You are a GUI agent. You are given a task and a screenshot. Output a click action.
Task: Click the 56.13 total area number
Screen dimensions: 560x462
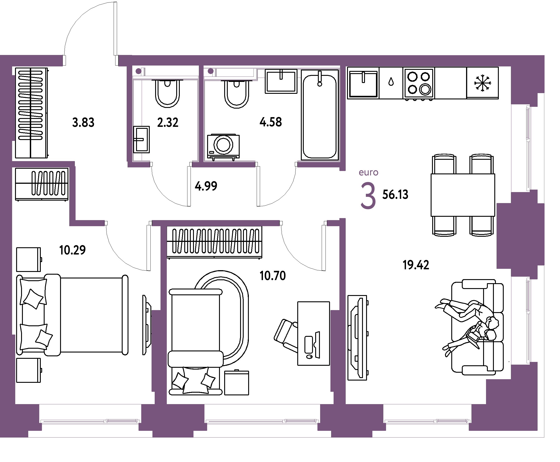395,195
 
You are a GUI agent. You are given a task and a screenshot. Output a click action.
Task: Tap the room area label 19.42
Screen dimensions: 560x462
416,265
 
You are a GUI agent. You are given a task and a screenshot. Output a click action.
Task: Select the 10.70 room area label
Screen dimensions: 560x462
273,276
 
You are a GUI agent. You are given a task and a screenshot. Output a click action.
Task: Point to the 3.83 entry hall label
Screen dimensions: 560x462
83,123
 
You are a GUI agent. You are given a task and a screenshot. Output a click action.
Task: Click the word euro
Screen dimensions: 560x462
368,173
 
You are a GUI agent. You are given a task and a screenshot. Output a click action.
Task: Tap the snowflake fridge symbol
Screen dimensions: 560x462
482,83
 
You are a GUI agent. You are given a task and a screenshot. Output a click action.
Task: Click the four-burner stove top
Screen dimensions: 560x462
419,83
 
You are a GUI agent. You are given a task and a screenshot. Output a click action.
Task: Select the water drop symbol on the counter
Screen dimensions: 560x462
391,82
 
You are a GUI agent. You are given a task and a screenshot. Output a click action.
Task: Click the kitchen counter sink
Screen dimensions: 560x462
363,83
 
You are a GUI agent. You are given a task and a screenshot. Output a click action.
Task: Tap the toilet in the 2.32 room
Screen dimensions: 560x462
167,93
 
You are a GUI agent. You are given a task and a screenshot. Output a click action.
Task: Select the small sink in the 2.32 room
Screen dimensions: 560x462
141,139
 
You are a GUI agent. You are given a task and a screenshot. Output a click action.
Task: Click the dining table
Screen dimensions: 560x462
463,195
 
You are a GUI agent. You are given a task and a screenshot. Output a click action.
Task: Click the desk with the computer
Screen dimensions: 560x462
313,333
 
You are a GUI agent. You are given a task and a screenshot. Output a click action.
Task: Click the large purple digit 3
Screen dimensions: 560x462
368,196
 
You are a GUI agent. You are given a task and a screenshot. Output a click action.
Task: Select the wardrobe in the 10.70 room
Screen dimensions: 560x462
214,242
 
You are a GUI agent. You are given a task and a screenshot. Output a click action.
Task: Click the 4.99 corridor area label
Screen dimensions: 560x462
206,186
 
